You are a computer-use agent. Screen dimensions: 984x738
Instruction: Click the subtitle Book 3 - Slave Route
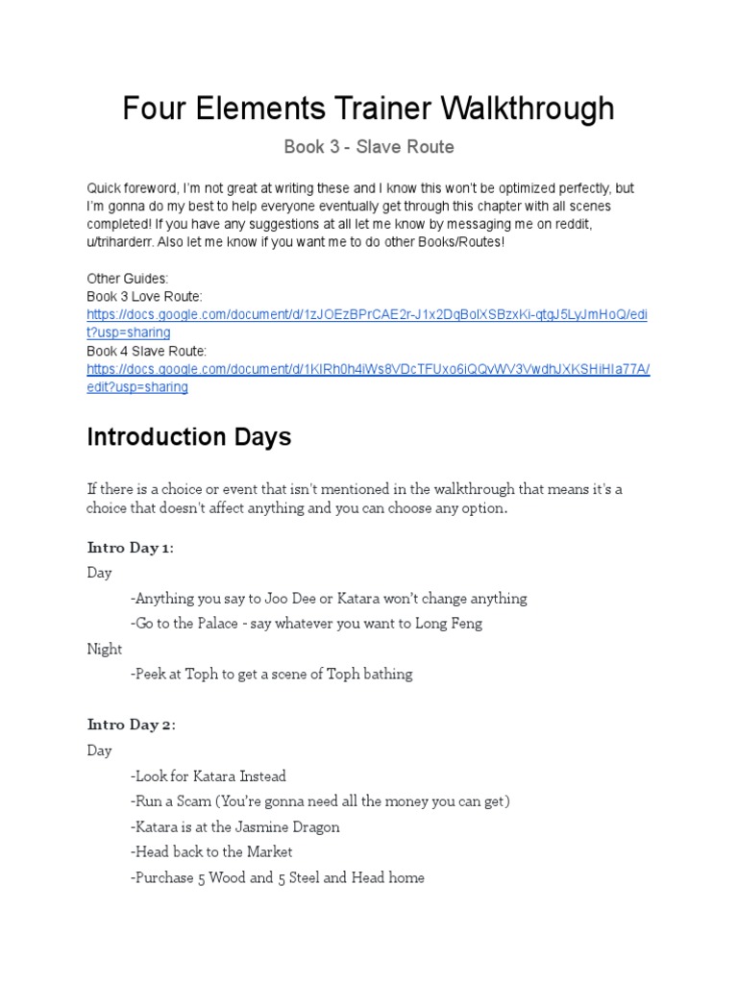pos(369,147)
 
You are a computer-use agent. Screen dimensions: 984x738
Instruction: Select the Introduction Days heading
pos(188,437)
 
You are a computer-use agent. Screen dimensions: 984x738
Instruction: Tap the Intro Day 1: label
pos(131,548)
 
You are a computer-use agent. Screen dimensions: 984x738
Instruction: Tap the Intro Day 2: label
pos(132,726)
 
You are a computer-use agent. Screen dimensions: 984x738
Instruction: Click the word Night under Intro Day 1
pos(105,649)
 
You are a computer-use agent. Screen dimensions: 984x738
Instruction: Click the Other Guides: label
pos(128,279)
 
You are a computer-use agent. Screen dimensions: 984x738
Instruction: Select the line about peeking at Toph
pos(271,675)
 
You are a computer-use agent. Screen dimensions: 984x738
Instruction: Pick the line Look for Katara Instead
pos(209,776)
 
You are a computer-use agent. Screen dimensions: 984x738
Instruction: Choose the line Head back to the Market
pos(211,852)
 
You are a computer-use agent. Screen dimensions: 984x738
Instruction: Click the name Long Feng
pos(449,624)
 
